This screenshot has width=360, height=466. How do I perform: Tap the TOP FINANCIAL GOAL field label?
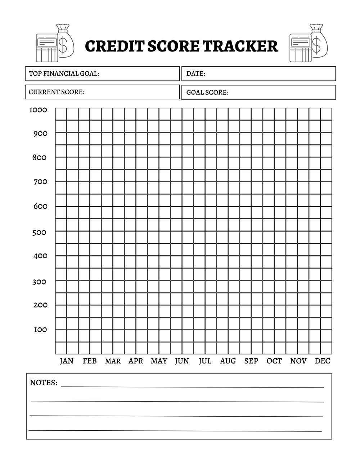64,73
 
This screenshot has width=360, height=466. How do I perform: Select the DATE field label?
196,73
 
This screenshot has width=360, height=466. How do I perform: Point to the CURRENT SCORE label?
57,92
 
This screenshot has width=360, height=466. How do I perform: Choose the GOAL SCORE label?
207,93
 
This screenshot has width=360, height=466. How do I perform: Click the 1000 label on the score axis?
38,110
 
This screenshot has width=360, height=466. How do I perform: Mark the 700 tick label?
40,182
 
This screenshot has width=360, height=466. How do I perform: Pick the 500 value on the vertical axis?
39,233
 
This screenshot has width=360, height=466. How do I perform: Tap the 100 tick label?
40,330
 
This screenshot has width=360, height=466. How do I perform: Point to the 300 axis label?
39,282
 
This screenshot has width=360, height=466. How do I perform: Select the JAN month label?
67,361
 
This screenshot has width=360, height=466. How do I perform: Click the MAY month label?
159,361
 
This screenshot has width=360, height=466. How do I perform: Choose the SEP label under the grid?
251,361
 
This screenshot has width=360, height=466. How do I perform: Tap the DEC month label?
322,361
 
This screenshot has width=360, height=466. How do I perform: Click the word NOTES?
44,382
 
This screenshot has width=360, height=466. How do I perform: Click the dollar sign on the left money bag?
63,45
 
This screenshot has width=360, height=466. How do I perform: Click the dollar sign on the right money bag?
316,45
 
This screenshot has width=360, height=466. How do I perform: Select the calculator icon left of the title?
46,48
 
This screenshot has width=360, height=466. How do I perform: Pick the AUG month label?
228,361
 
